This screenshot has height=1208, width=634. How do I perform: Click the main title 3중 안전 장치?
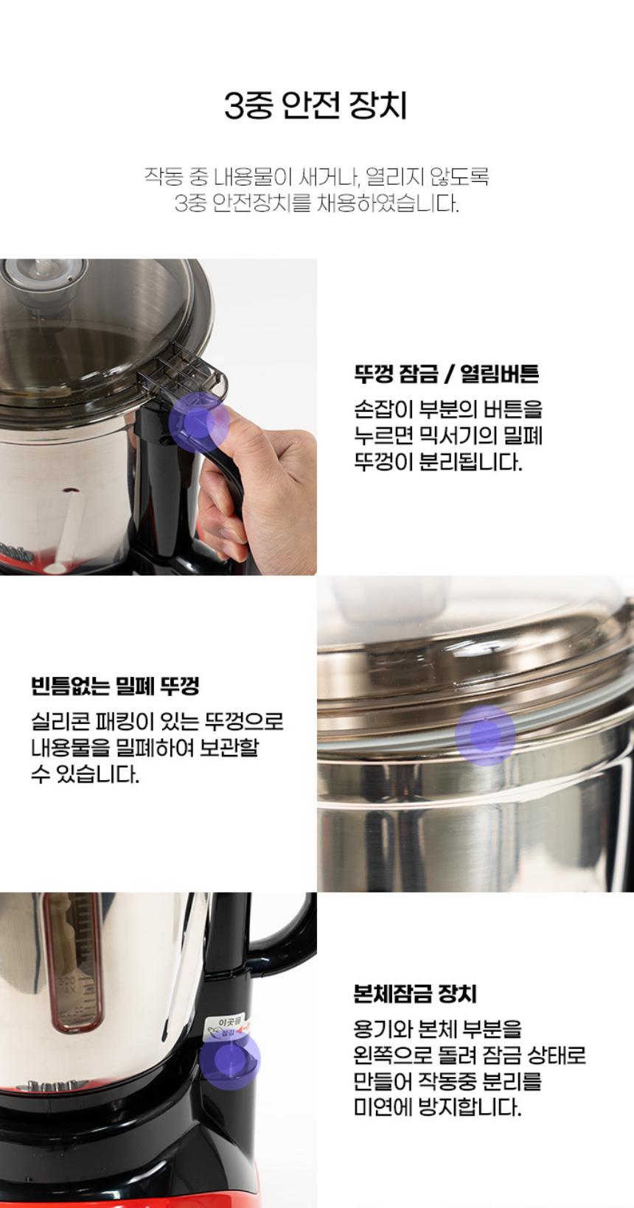pos(315,106)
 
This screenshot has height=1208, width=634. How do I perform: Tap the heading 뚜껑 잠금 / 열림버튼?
pos(447,373)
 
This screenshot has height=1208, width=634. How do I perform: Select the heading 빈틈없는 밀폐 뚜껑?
pos(116,686)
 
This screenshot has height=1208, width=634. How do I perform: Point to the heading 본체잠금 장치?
pos(415,994)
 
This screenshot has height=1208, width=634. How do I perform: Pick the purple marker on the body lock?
pos(229,1060)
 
